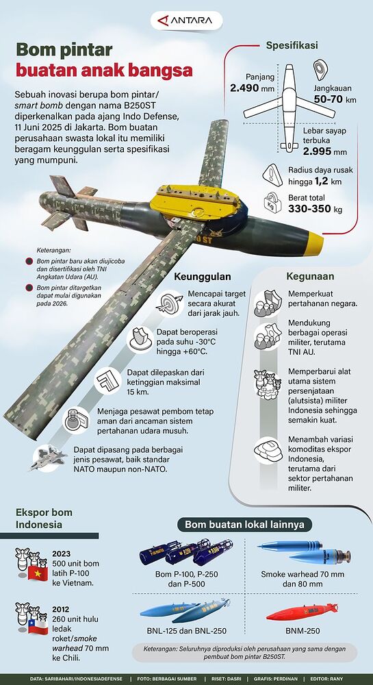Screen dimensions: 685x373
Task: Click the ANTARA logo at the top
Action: click(186, 21)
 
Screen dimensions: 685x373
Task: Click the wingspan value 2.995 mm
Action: click(326, 151)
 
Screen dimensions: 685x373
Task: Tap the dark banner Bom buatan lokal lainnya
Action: click(244, 525)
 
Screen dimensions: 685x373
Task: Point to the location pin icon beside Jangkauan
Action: click(322, 71)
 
